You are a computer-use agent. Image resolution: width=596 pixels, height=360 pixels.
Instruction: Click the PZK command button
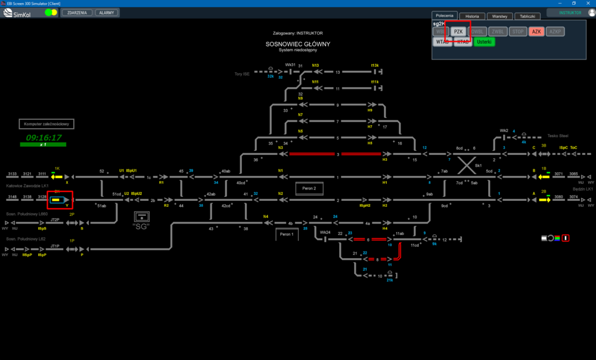pyautogui.click(x=458, y=32)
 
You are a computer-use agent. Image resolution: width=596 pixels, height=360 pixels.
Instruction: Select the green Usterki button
pyautogui.click(x=484, y=42)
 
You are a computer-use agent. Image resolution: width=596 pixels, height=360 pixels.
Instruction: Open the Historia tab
pyautogui.click(x=472, y=16)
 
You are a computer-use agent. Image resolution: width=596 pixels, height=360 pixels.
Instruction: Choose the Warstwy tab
pyautogui.click(x=499, y=16)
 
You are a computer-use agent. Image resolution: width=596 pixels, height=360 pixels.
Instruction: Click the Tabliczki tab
pyautogui.click(x=527, y=16)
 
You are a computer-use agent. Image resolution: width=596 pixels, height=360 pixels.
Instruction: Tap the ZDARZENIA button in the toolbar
pyautogui.click(x=77, y=12)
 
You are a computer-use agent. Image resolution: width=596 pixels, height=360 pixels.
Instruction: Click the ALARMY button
pyautogui.click(x=107, y=12)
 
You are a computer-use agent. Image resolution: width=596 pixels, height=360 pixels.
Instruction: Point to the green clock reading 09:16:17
pyautogui.click(x=44, y=137)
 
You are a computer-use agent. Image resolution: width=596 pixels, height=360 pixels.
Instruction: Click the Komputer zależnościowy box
pyautogui.click(x=47, y=124)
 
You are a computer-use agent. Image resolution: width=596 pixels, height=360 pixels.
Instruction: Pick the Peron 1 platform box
pyautogui.click(x=287, y=234)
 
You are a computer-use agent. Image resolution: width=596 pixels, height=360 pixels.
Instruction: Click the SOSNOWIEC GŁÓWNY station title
pyautogui.click(x=297, y=44)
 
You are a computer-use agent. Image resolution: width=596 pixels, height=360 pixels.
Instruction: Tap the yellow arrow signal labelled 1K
pyautogui.click(x=57, y=176)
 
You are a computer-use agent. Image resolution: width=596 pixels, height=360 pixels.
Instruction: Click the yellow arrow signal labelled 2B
pyautogui.click(x=544, y=199)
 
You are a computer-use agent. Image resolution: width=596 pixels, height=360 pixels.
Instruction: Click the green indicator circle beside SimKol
pyautogui.click(x=48, y=12)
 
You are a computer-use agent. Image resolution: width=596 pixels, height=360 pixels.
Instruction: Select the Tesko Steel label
pyautogui.click(x=558, y=135)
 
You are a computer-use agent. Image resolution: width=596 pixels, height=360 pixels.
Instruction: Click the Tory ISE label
pyautogui.click(x=242, y=74)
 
